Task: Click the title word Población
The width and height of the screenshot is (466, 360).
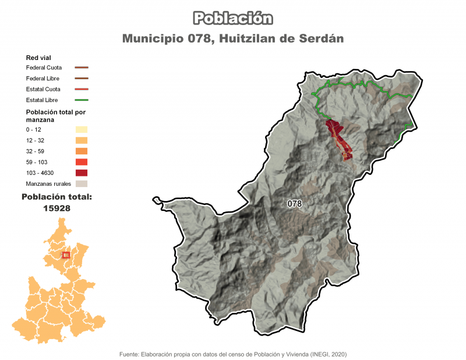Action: (233, 19)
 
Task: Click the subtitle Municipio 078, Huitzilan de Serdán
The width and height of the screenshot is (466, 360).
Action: (233, 38)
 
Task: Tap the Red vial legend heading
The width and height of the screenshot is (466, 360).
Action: (39, 58)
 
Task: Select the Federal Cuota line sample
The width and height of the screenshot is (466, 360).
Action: (81, 68)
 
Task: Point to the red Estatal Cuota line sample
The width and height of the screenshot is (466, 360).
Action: (81, 89)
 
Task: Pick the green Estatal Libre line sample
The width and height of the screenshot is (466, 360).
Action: (81, 100)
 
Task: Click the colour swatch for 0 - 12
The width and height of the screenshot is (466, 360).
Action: (81, 129)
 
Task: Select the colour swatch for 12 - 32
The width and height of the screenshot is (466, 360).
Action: (81, 140)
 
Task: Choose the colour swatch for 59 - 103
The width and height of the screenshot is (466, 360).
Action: (81, 162)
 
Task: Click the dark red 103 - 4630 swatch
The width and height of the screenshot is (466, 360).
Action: (81, 173)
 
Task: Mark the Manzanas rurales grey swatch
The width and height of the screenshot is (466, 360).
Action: (81, 183)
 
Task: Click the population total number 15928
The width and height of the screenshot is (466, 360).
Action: (57, 207)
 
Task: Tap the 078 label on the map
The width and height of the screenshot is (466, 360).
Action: (295, 204)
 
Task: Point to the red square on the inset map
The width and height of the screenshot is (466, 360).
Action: (66, 255)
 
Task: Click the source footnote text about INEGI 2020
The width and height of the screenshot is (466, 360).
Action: (233, 354)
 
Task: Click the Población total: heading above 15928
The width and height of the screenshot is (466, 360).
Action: (57, 197)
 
